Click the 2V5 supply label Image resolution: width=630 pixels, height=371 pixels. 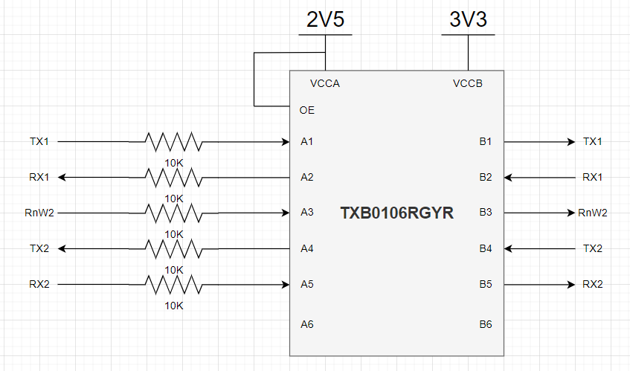point(326,20)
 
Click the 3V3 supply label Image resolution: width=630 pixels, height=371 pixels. point(468,20)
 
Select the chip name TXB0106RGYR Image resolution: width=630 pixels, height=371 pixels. point(396,213)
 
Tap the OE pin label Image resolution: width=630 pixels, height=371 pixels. point(307,110)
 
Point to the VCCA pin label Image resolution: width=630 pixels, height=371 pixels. point(324,83)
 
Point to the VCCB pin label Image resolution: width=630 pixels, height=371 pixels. point(467,83)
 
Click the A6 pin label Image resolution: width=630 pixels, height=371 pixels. point(307,324)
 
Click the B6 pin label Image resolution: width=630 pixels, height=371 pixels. point(486,324)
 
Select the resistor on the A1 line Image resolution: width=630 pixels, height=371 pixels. point(173,141)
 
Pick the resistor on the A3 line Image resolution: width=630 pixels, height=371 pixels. point(173,213)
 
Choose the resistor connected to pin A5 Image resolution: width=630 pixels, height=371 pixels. point(173,284)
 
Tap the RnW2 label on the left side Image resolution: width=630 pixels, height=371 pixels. point(39,213)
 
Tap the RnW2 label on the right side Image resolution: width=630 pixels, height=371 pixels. point(593,213)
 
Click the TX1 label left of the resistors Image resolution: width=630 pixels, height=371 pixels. point(39,141)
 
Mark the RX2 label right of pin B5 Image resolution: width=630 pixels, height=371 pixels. point(593,284)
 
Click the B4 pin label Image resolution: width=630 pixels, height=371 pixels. point(486,248)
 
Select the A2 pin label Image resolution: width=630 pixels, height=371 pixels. point(307,177)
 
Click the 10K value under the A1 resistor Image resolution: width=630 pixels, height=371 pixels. point(173,163)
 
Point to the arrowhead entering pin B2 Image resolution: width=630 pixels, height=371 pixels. point(508,177)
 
